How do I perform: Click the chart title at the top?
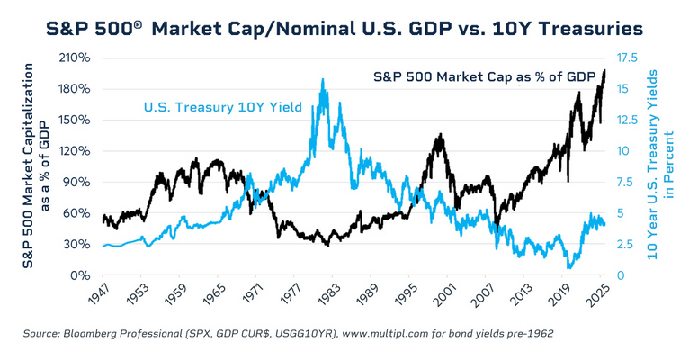click(x=344, y=29)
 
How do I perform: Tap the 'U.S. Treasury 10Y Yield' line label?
click(x=223, y=109)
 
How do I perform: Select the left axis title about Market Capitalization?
click(x=36, y=166)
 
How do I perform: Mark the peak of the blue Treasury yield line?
click(x=322, y=79)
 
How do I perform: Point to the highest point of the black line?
click(x=604, y=70)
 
